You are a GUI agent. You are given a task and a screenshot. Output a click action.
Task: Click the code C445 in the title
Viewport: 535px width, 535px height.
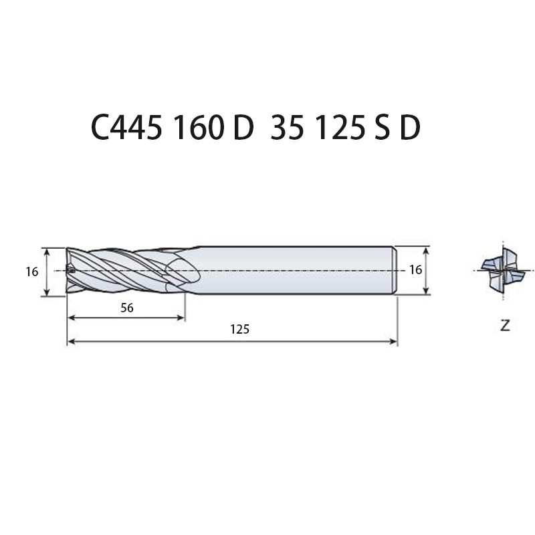pos(126,128)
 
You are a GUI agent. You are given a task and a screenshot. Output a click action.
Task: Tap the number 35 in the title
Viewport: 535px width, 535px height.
pos(287,128)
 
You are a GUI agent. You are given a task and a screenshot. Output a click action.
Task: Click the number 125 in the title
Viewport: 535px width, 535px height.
pos(341,128)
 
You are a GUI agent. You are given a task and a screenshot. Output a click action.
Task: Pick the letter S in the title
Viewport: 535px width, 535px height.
pos(382,128)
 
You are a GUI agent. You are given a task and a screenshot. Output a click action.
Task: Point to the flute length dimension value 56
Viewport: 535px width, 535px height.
pos(127,308)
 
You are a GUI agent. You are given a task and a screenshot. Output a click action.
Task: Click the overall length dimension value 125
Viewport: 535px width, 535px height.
pos(239,329)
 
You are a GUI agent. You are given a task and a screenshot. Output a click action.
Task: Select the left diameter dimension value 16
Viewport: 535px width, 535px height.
pos(32,272)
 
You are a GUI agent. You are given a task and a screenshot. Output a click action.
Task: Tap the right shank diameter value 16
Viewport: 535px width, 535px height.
pos(415,270)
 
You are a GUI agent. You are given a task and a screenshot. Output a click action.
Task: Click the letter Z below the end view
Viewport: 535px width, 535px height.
pos(505,326)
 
